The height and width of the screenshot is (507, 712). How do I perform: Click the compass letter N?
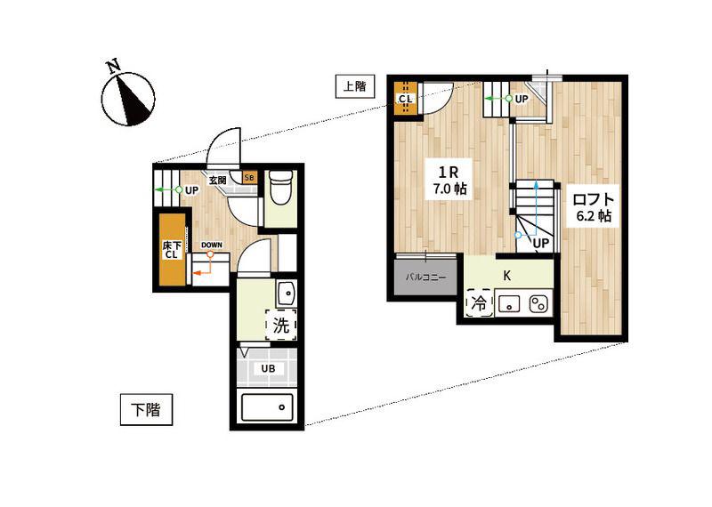tap(114, 66)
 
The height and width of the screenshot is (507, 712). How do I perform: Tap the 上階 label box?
tap(354, 85)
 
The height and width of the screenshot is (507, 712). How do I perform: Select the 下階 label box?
tap(146, 409)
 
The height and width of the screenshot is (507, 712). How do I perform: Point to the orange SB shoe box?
tap(249, 178)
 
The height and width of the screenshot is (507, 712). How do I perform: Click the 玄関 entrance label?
tap(217, 181)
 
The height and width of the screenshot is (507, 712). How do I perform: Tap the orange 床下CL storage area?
tap(172, 250)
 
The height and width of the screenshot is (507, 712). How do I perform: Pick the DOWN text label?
tap(212, 245)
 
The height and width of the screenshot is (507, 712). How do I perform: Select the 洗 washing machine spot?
tap(281, 325)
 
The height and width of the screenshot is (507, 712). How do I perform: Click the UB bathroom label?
tap(268, 368)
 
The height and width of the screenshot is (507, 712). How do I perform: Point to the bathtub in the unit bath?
tap(268, 407)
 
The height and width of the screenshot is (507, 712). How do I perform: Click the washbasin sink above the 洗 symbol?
tap(286, 294)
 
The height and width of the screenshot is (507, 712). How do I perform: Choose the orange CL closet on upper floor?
tap(406, 98)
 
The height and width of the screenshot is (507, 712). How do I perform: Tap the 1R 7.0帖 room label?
tap(449, 180)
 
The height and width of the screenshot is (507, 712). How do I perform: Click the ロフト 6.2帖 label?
tap(594, 206)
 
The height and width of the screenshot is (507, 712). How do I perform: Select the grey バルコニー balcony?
tap(426, 277)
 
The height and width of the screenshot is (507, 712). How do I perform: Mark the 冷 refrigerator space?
tap(479, 302)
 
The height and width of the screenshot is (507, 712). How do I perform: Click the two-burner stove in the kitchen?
tap(539, 303)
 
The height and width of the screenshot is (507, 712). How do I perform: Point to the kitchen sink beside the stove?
tap(509, 303)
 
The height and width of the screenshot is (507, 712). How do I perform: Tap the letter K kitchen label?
tap(507, 276)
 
